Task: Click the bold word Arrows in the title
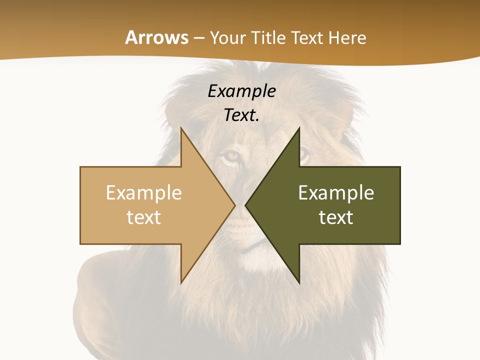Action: click(x=157, y=37)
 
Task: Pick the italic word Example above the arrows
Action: click(x=241, y=91)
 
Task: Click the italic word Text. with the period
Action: click(x=241, y=115)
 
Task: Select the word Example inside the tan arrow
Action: click(x=144, y=192)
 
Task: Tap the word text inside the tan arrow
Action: click(x=144, y=217)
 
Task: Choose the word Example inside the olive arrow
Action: click(x=336, y=192)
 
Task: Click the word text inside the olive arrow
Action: click(x=336, y=217)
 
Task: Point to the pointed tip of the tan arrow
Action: click(x=234, y=205)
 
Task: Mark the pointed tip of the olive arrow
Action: click(x=245, y=205)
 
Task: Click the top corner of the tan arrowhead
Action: click(x=181, y=128)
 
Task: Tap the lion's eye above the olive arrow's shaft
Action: click(x=303, y=155)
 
